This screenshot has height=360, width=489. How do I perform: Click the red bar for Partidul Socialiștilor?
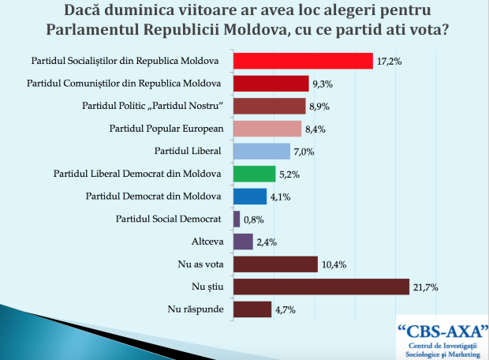302,61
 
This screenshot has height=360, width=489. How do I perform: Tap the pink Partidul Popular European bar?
267,129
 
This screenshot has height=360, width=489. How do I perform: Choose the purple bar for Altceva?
243,242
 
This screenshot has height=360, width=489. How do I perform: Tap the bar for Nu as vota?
275,264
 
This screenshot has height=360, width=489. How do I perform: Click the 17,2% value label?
386,62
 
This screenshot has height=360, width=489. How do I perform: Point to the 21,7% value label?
426,287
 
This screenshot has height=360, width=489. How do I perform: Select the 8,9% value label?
319,107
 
